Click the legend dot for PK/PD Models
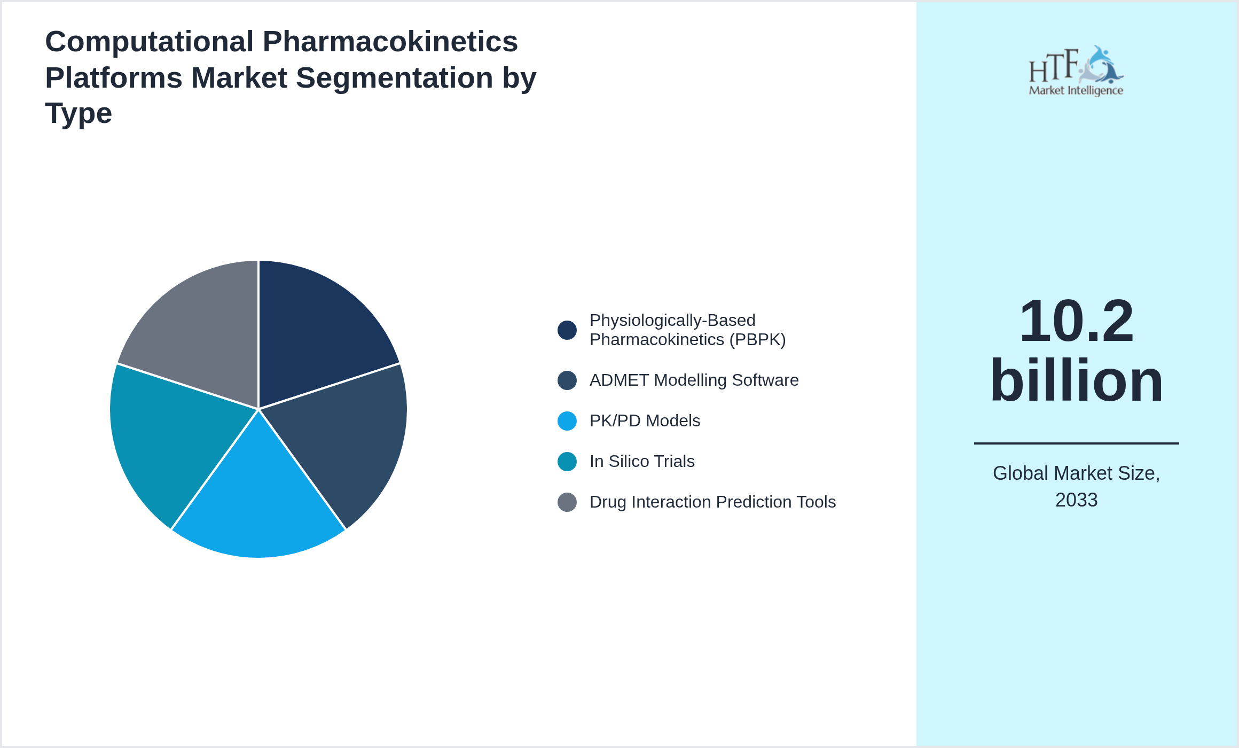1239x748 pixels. coord(567,421)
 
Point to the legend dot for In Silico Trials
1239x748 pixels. coord(567,462)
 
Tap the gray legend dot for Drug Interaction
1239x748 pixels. coord(567,502)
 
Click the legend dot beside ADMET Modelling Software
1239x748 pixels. coord(567,380)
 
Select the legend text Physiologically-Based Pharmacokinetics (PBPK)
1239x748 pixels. coord(687,330)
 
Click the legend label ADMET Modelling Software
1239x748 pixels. coord(694,380)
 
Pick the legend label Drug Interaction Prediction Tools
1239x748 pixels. coord(712,502)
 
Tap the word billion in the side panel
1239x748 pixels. coord(1076,380)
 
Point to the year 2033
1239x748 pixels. coord(1076,500)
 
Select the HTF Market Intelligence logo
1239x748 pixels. coord(1076,71)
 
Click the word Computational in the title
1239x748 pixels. coord(149,42)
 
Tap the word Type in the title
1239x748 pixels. coord(79,113)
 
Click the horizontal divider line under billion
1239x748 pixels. coord(1076,443)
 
